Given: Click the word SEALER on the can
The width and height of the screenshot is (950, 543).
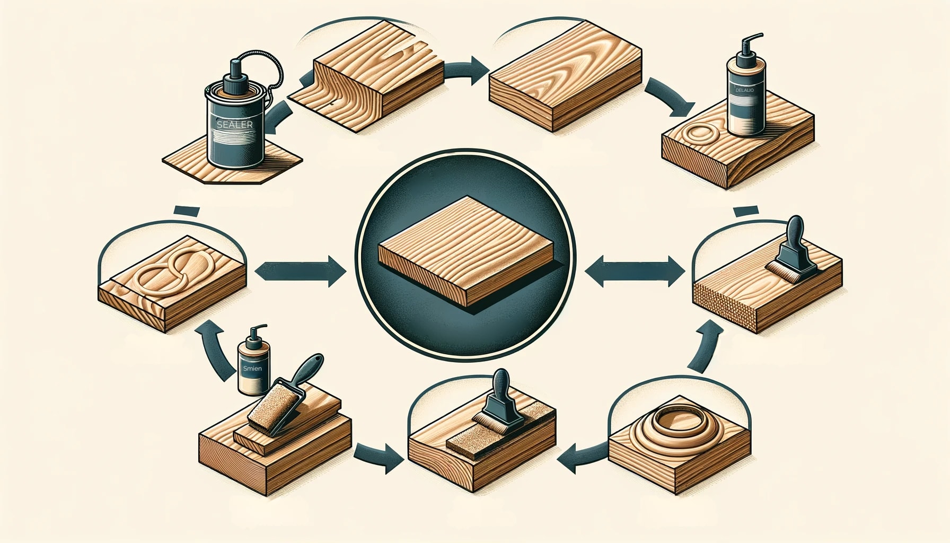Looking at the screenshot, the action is point(234,125).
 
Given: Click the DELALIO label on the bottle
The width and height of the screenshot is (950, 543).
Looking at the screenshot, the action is point(744,91).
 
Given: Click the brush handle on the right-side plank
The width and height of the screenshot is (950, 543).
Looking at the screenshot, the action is point(796,234).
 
